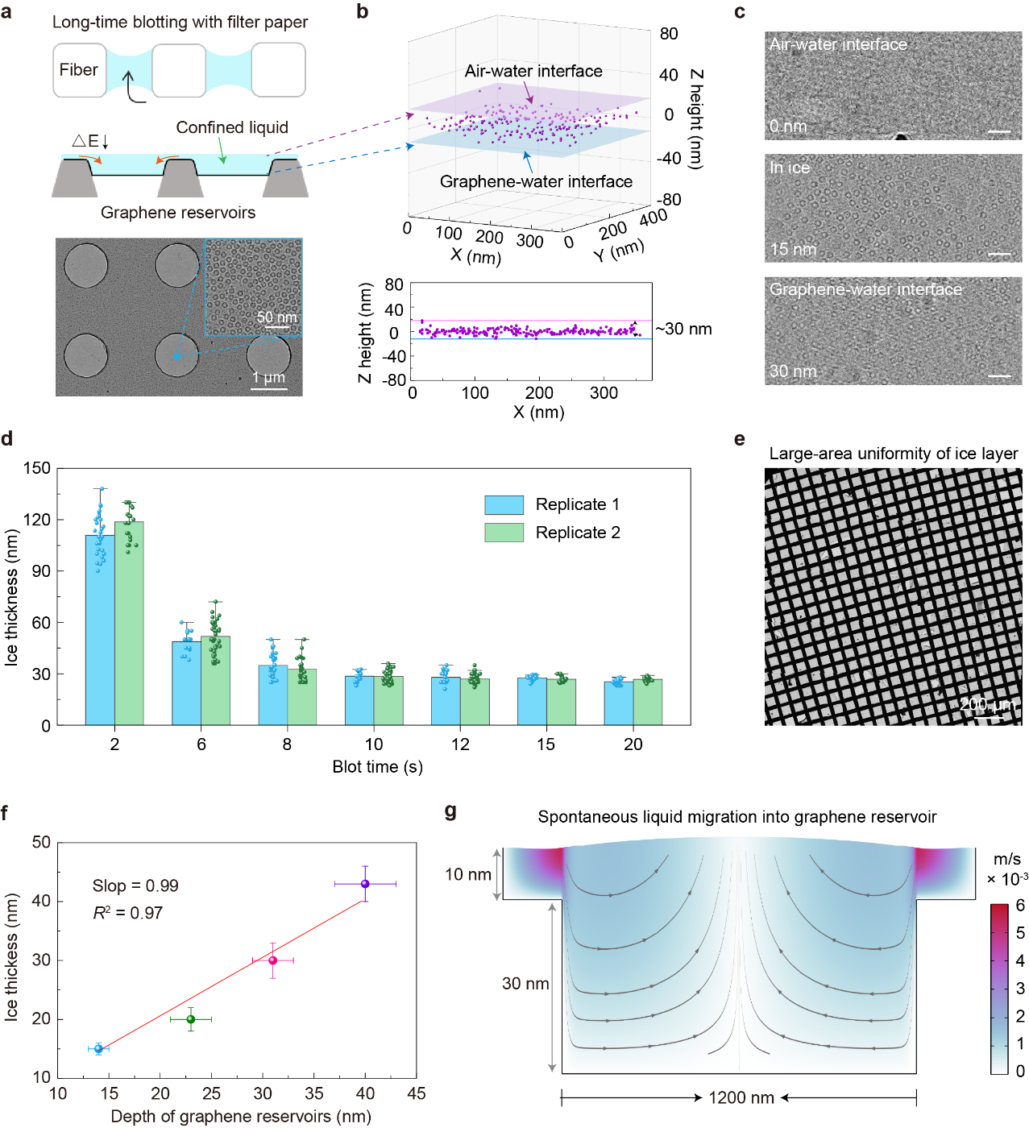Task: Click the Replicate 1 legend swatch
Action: click(x=504, y=504)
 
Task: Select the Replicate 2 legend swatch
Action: click(x=504, y=532)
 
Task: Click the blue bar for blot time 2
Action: click(x=100, y=630)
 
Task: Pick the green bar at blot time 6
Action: click(x=215, y=680)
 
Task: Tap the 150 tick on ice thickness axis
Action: click(x=36, y=468)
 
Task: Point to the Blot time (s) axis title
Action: click(x=377, y=766)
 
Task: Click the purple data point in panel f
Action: click(x=365, y=884)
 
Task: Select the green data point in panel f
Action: click(x=191, y=1019)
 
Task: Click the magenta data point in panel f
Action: click(x=273, y=960)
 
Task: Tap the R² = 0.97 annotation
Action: click(x=127, y=913)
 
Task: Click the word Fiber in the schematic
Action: click(x=78, y=70)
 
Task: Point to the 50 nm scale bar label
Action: click(x=277, y=317)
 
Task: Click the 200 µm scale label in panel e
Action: click(x=987, y=704)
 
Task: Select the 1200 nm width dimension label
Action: click(x=741, y=1097)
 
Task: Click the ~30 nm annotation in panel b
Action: click(x=683, y=329)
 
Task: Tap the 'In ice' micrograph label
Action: click(x=790, y=168)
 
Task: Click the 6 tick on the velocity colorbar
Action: click(x=1020, y=906)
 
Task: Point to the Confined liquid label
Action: click(x=232, y=127)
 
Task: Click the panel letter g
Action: click(x=450, y=812)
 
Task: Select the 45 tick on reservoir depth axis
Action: click(x=417, y=1093)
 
